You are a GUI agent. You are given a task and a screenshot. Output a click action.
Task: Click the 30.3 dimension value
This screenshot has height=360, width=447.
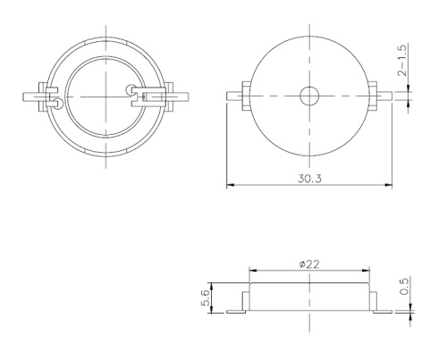(309, 178)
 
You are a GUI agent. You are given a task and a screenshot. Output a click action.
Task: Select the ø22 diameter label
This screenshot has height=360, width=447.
(309, 264)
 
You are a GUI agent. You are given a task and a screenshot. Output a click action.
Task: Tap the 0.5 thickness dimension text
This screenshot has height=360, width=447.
(405, 285)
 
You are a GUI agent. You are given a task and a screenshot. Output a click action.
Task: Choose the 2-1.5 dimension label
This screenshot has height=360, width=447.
(404, 62)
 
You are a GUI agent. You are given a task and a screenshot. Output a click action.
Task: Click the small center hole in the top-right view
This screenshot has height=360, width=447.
(309, 94)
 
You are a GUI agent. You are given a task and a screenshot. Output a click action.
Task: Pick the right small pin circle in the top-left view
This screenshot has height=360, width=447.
(132, 89)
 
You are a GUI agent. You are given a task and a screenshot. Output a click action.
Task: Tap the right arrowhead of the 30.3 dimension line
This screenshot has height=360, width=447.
(389, 186)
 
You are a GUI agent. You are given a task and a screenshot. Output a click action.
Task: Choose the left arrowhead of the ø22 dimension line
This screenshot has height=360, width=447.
(251, 271)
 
